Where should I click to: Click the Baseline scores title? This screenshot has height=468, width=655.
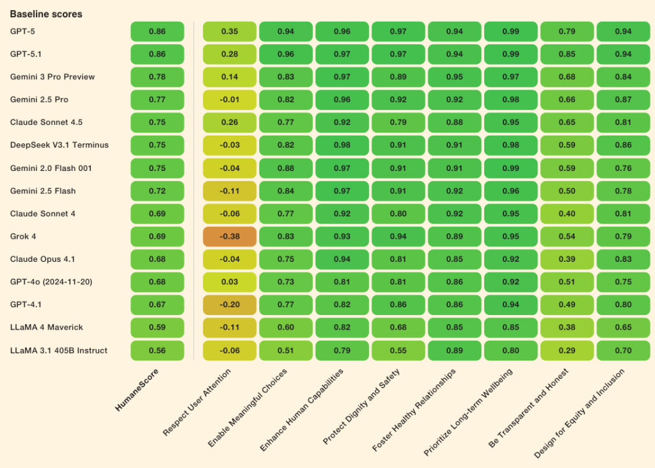coord(46,13)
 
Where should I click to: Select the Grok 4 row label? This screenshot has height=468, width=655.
coord(23,236)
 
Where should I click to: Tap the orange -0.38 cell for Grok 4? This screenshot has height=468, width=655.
coord(230,236)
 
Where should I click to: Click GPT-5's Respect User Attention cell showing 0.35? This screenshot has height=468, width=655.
coord(230,31)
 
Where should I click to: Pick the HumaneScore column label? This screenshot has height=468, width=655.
coord(136,388)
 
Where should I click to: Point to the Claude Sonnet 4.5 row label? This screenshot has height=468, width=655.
coord(46,122)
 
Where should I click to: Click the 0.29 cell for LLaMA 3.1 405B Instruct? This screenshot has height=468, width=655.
coord(567,350)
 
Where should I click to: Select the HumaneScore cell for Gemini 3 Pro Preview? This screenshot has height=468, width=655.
coord(157,77)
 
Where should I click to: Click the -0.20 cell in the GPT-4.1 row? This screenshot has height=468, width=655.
coord(230,305)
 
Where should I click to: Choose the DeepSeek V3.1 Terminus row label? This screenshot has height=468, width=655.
coord(59,145)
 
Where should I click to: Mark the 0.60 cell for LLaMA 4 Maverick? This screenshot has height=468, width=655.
coord(286,328)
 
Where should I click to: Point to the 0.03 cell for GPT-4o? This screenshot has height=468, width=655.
coord(230,282)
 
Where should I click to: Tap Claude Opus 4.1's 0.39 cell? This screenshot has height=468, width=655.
coord(567,259)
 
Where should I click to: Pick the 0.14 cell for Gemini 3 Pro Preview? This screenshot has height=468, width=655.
coord(230,77)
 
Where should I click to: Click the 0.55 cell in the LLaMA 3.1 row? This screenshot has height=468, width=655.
coord(399,350)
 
